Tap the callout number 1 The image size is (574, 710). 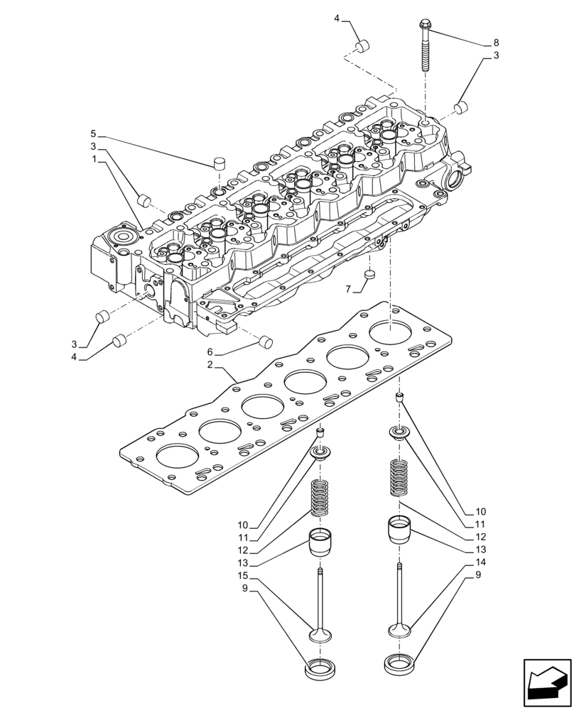[x=94, y=161]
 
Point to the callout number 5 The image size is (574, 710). [x=93, y=133]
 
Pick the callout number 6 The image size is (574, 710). [x=210, y=352]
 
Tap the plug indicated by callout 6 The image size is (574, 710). [x=266, y=341]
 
